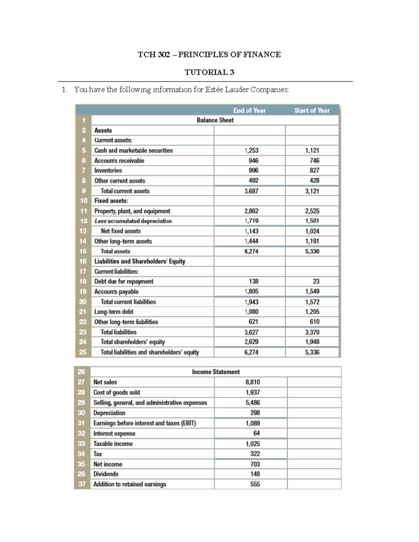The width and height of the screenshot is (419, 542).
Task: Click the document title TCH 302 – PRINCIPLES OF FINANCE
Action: pyautogui.click(x=209, y=54)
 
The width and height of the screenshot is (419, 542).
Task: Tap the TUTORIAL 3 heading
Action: pyautogui.click(x=209, y=72)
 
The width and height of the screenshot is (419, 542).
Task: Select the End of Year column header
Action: pyautogui.click(x=249, y=110)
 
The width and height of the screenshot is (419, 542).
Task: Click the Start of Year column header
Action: pyautogui.click(x=312, y=110)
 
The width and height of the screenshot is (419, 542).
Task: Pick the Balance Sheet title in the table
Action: pyautogui.click(x=215, y=120)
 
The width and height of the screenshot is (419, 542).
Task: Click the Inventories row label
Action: pyautogui.click(x=108, y=170)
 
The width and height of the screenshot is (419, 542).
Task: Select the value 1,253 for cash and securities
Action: pyautogui.click(x=251, y=150)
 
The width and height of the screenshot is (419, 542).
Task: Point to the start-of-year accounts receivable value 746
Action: pyautogui.click(x=314, y=161)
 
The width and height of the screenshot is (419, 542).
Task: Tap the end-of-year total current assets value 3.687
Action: pyautogui.click(x=251, y=191)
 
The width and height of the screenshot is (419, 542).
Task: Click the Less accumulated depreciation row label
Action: pyautogui.click(x=133, y=221)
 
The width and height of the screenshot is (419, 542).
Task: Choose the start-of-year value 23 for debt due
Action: pyautogui.click(x=316, y=281)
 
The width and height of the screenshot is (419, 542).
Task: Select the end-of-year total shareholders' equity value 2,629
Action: pyautogui.click(x=251, y=342)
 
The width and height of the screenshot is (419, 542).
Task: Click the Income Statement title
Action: pyautogui.click(x=216, y=372)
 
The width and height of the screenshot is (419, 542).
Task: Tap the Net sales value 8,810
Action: pyautogui.click(x=253, y=382)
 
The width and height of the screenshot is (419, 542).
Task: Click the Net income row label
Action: pyautogui.click(x=108, y=464)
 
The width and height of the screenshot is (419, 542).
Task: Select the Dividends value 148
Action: pyautogui.click(x=255, y=474)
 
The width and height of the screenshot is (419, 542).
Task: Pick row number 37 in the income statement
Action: pyautogui.click(x=82, y=484)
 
